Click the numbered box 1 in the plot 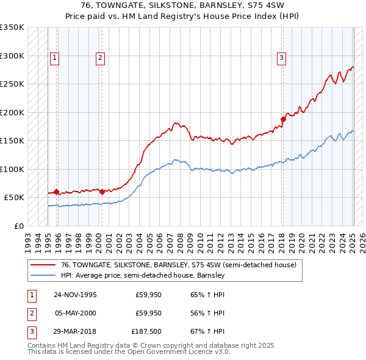[54, 58]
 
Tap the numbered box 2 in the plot [99, 58]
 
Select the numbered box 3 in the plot [281, 58]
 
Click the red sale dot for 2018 [283, 119]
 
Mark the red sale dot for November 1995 [57, 192]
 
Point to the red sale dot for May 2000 [102, 192]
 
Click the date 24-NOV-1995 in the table [75, 295]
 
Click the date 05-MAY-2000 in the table [75, 313]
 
